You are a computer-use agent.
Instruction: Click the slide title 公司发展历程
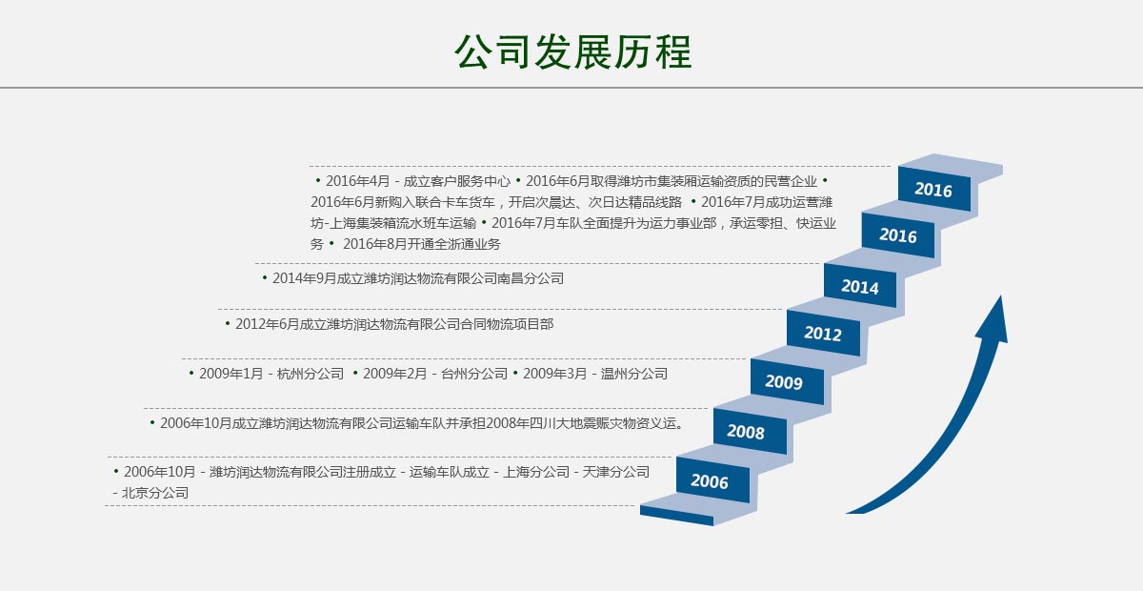click(572, 51)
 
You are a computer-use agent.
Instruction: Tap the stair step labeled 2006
click(712, 480)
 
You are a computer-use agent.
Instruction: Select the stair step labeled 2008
click(750, 431)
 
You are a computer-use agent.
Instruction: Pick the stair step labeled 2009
click(787, 381)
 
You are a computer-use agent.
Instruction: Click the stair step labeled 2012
click(823, 333)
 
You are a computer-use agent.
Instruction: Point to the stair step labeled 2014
click(860, 286)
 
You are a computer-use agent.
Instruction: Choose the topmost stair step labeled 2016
click(933, 189)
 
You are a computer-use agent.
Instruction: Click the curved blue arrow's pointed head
click(1000, 296)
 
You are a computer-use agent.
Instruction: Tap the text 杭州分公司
click(311, 374)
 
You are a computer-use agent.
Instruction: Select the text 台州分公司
click(474, 374)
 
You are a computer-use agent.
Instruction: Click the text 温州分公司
click(634, 374)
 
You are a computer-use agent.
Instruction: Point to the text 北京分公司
click(155, 493)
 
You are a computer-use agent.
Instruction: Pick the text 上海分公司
click(536, 472)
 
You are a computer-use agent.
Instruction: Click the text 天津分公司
click(616, 472)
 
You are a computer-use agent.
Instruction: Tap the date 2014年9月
click(304, 278)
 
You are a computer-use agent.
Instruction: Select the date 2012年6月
click(267, 324)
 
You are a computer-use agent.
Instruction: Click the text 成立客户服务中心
click(456, 181)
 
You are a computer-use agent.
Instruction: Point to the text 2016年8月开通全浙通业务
click(421, 244)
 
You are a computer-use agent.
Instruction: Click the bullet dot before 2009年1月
click(191, 374)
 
